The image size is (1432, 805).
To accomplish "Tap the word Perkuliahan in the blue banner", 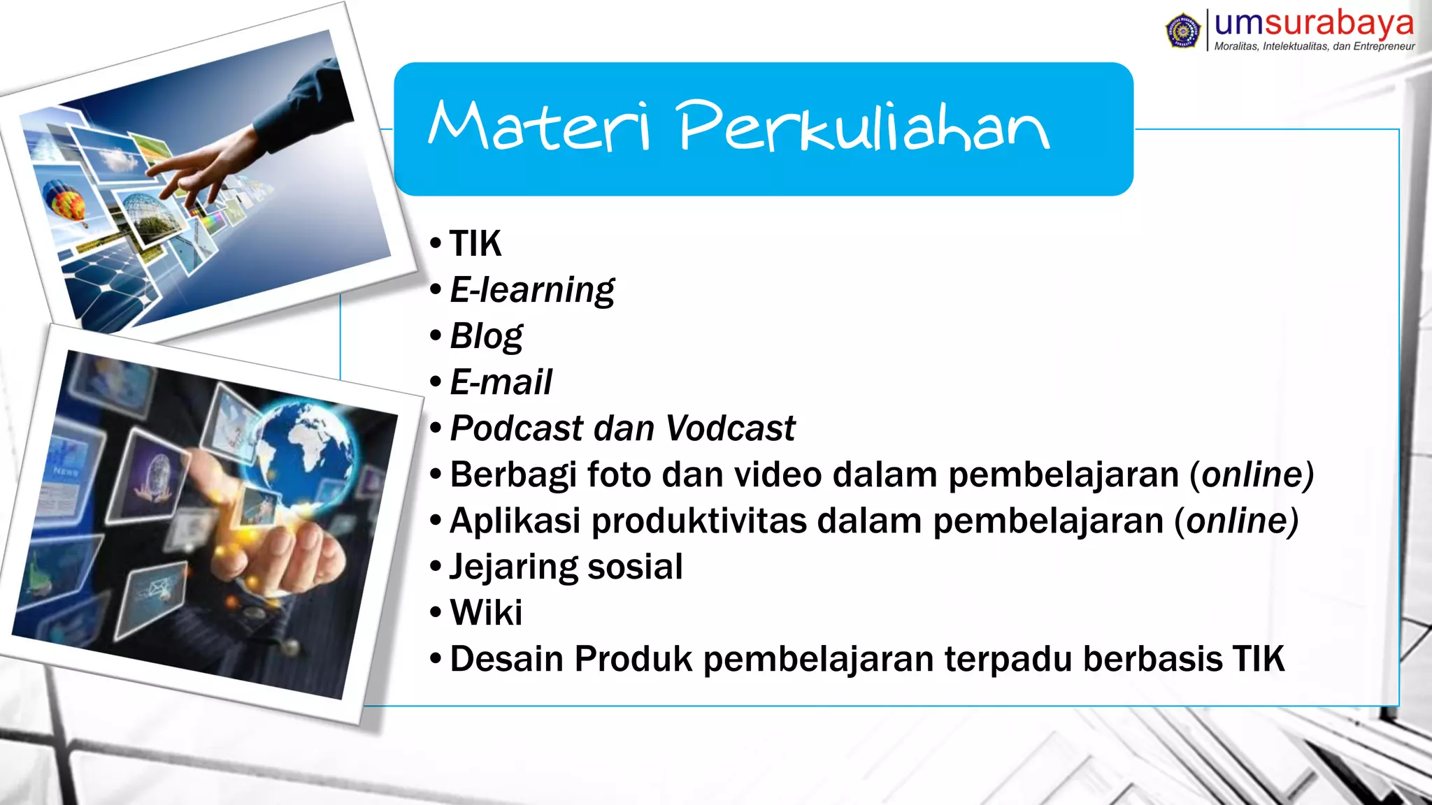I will (864, 126).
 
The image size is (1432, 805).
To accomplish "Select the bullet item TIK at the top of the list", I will (475, 244).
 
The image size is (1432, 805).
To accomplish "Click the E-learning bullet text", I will (532, 290).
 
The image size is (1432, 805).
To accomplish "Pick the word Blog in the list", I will (486, 336).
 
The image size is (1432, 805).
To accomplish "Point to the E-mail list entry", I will (501, 382).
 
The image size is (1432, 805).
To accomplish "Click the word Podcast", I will (517, 428).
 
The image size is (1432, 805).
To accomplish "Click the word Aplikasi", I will (515, 521).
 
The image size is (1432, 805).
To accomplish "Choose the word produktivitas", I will (699, 521).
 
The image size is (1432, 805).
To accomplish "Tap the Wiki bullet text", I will (486, 613).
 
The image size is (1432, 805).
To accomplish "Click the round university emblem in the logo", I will (1183, 31).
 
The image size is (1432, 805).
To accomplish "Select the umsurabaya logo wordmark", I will (1314, 23).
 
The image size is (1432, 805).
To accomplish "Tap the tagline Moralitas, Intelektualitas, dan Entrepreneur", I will (1315, 46).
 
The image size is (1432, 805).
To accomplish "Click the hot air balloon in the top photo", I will (65, 201).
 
